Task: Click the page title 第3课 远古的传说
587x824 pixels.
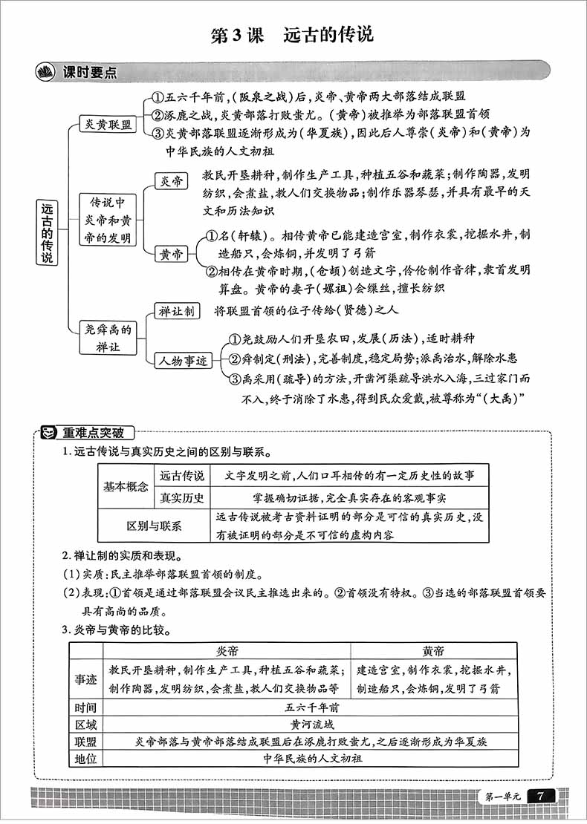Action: point(293,35)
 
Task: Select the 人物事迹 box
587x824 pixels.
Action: point(182,362)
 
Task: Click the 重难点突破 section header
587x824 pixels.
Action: point(93,432)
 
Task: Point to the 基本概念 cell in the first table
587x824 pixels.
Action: point(126,486)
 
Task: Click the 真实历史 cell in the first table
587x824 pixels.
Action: point(182,497)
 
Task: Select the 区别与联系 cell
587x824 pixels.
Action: point(154,526)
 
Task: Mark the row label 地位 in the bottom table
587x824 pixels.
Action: point(86,758)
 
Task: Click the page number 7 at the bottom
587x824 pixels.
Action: point(540,796)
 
